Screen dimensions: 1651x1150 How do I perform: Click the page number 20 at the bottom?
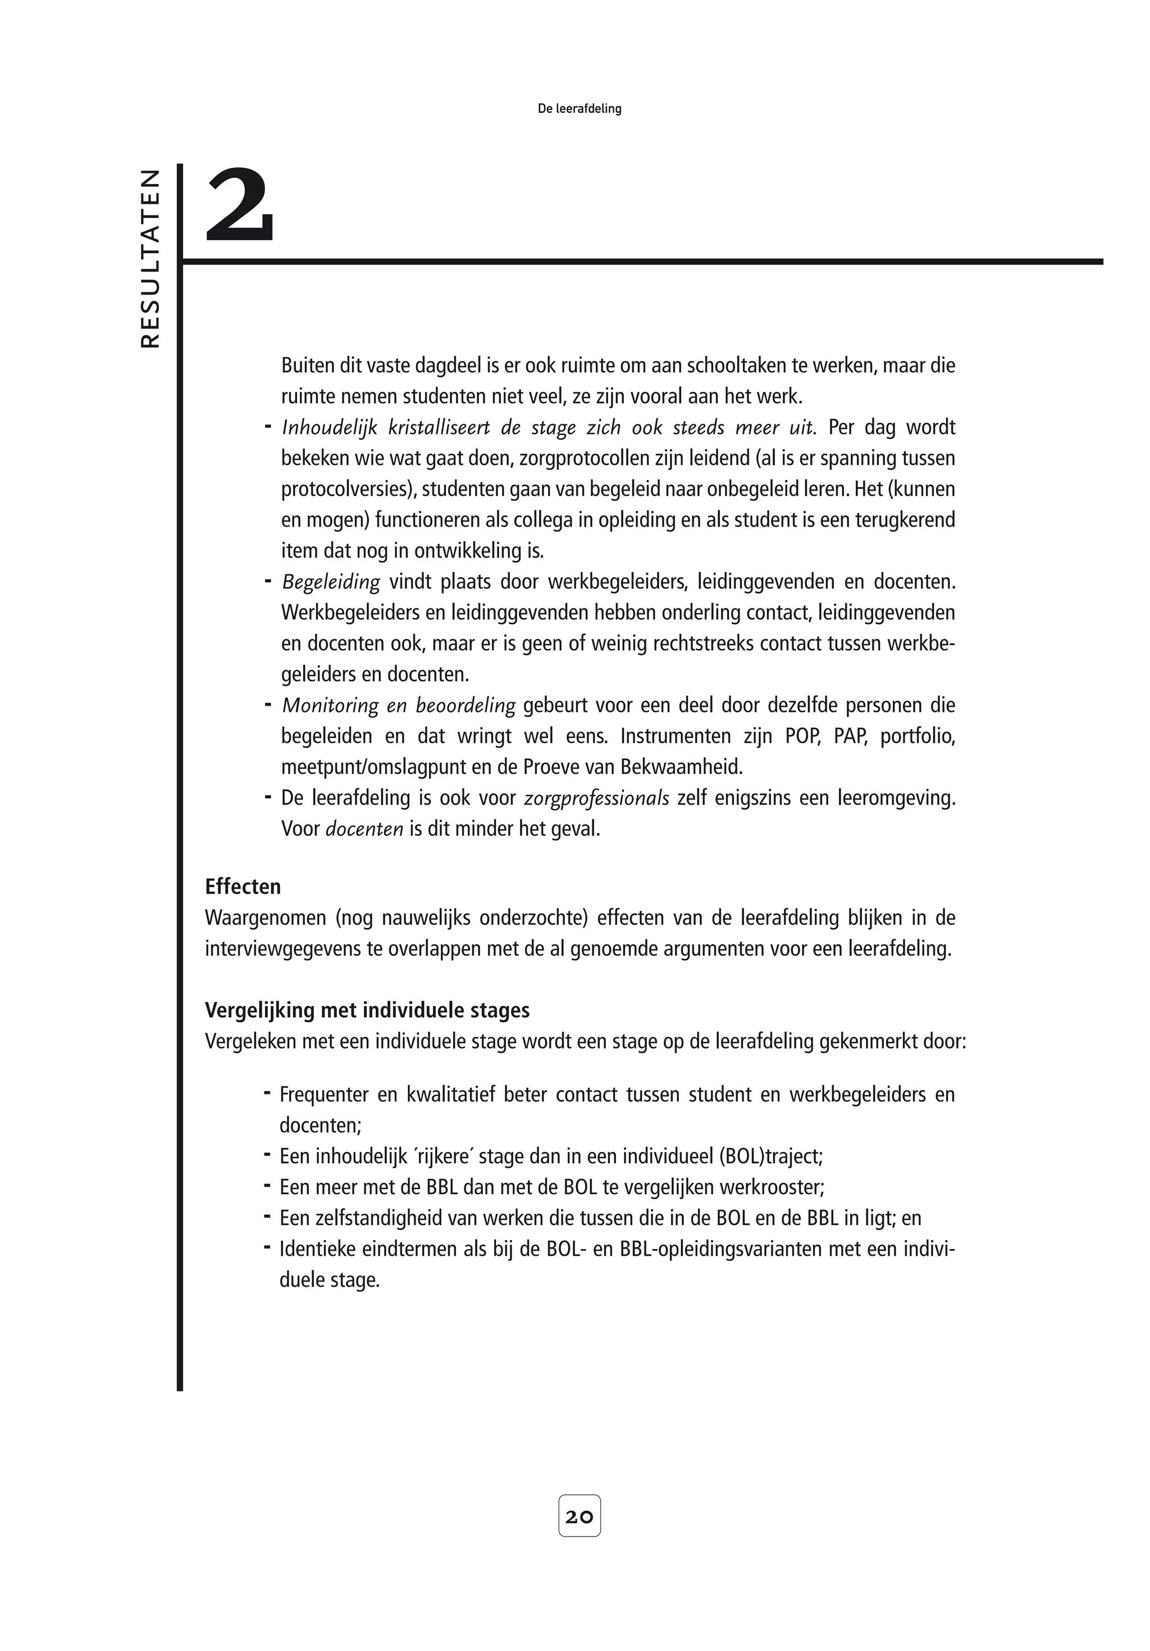pos(579,1516)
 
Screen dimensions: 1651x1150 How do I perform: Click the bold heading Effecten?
pos(243,886)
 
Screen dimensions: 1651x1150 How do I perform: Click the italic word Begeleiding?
pos(330,581)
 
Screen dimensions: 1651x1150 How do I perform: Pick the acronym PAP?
pos(850,737)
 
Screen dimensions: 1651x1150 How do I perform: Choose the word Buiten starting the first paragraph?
pos(307,365)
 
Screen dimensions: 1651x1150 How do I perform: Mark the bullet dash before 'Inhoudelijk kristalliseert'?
pos(267,427)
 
